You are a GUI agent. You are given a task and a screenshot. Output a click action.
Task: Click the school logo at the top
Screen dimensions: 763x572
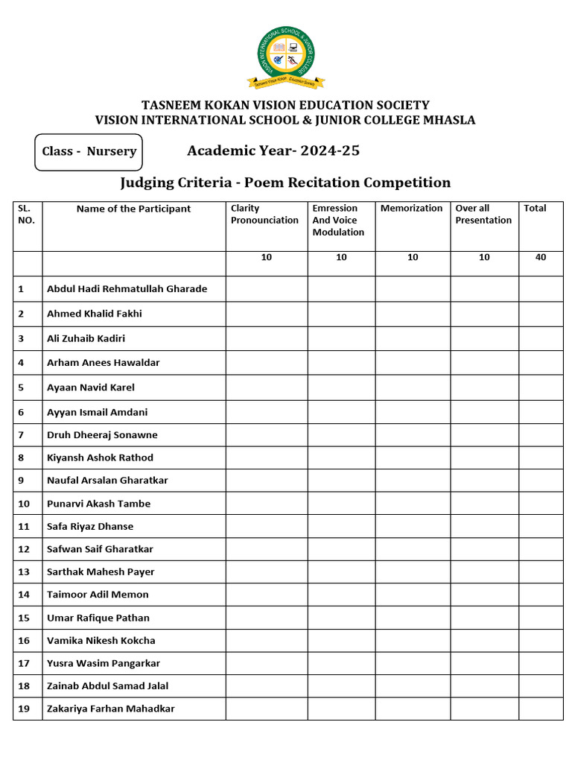(286, 56)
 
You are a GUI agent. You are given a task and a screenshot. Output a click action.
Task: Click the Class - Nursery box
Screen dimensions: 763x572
(89, 151)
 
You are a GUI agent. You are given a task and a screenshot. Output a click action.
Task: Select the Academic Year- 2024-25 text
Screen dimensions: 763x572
(273, 151)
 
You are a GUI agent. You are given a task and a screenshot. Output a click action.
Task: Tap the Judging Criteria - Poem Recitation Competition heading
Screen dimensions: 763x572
(285, 183)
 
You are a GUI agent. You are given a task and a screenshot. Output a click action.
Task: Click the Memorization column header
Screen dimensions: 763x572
(411, 209)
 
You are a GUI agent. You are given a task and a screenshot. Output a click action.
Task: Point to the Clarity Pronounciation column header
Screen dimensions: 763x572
(264, 215)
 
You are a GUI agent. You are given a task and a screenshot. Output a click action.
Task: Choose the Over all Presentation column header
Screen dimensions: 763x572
(483, 215)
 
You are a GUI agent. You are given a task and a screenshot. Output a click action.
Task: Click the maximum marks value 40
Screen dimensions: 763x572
(540, 257)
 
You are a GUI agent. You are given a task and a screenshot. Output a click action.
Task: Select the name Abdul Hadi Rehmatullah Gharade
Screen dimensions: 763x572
(127, 289)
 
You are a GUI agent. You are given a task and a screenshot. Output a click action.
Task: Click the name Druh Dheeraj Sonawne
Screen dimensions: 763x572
(102, 435)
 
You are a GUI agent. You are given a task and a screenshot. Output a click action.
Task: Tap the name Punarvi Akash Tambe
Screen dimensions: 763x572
(98, 504)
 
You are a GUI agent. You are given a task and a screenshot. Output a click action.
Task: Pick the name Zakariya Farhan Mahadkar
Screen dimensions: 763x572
(110, 709)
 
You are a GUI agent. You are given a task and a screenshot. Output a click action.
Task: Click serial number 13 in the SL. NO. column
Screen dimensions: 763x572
(24, 572)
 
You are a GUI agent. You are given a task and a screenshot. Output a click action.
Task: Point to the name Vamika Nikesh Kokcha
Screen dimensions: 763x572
(101, 641)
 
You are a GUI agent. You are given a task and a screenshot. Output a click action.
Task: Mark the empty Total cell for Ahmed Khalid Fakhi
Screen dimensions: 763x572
(541, 314)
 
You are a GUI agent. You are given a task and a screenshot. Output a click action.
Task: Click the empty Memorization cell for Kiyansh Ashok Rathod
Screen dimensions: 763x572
(412, 458)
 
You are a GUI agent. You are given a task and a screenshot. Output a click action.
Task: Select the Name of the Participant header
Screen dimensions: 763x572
(133, 209)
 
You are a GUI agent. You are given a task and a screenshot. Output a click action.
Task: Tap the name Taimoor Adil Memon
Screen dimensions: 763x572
(98, 595)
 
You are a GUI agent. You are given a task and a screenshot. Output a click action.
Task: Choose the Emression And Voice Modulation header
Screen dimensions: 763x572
(338, 221)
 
